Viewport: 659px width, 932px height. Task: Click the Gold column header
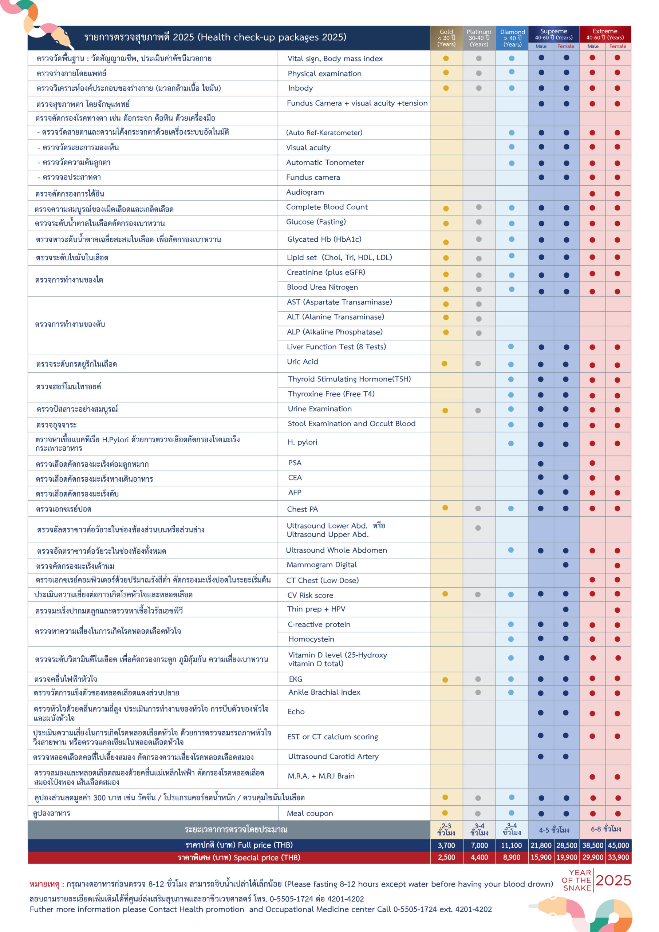[446, 38]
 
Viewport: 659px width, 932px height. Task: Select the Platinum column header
[479, 38]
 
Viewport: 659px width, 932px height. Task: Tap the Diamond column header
[512, 38]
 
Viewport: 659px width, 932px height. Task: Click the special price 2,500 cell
[446, 857]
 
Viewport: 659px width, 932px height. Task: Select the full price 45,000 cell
[618, 845]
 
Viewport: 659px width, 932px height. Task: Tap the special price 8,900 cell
[512, 857]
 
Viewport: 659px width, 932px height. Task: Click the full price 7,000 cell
[479, 845]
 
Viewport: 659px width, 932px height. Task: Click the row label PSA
[295, 463]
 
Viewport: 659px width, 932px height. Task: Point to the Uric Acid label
[303, 361]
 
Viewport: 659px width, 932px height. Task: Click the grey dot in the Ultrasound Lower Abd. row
[478, 528]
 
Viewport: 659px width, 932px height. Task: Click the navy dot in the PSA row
[540, 463]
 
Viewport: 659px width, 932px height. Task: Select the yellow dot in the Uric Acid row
[445, 364]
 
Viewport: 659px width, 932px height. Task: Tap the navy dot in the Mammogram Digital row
[566, 565]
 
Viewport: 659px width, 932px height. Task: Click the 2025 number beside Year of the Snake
[613, 880]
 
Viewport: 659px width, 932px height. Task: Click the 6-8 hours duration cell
[605, 829]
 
